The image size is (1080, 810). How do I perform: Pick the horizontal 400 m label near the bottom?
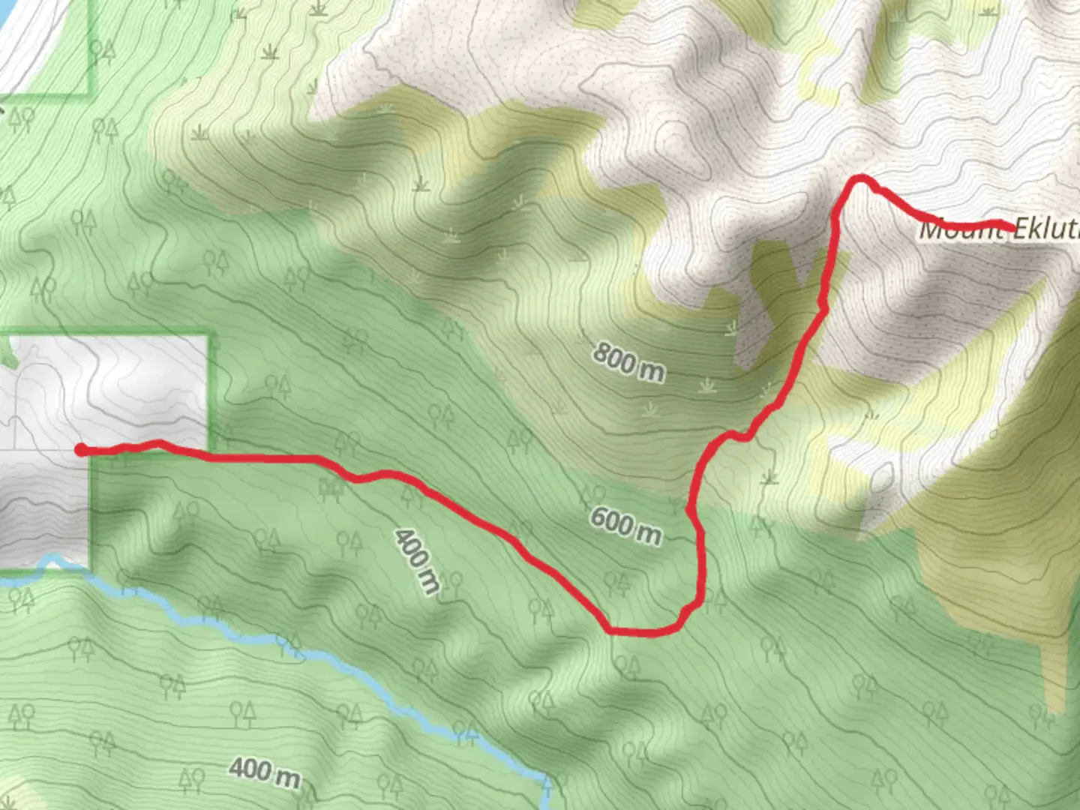coord(264,772)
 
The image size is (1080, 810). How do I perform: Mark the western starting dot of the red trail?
coord(80,449)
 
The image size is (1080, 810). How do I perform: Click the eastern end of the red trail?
coord(1013,226)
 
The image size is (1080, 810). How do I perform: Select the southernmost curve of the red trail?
coord(637,632)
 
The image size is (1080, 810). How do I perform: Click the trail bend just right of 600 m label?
coord(690,510)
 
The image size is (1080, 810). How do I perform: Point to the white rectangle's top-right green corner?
coord(207,336)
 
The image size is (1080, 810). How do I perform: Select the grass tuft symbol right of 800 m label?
coord(706,385)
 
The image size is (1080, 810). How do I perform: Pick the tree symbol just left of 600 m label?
coord(592,494)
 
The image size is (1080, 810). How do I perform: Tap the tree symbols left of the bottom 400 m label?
coord(191,780)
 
